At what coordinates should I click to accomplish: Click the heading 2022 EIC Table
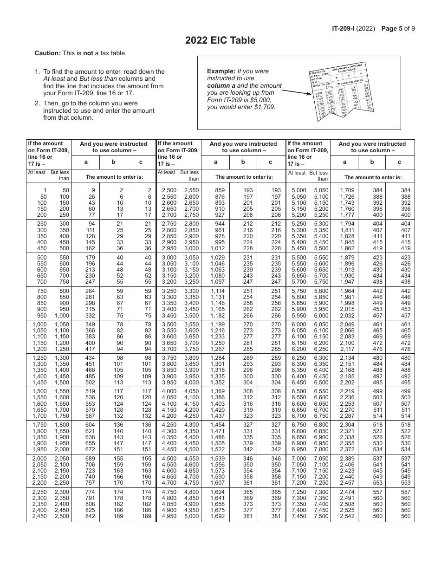[220, 40]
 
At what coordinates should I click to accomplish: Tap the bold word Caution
[47, 53]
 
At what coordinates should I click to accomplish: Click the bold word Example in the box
[221, 71]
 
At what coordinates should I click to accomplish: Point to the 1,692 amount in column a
[217, 516]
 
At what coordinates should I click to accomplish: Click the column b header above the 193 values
[243, 162]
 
